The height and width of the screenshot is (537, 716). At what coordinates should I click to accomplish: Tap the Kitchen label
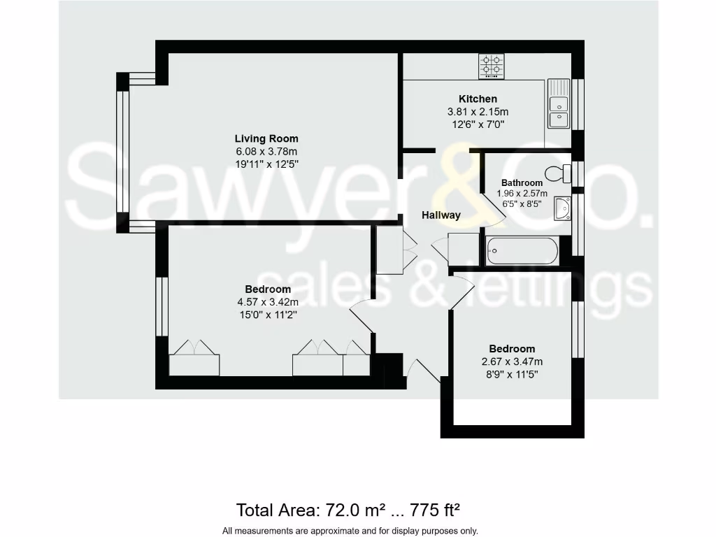pyautogui.click(x=478, y=99)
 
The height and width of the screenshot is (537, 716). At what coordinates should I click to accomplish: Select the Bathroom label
pyautogui.click(x=522, y=183)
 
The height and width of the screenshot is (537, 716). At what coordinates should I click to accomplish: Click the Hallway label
pyautogui.click(x=441, y=215)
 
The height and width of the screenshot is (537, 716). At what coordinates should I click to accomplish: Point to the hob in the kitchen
pyautogui.click(x=492, y=66)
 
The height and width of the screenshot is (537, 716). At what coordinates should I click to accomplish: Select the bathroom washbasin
pyautogui.click(x=562, y=208)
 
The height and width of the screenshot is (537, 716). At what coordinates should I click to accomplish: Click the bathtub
pyautogui.click(x=522, y=250)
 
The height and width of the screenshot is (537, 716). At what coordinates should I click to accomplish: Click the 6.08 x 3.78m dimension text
pyautogui.click(x=266, y=152)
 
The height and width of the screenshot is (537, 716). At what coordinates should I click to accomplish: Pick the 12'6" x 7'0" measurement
pyautogui.click(x=478, y=124)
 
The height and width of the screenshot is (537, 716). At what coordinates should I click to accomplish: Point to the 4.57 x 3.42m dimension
pyautogui.click(x=268, y=303)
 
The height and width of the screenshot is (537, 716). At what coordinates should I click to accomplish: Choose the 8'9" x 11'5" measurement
pyautogui.click(x=512, y=375)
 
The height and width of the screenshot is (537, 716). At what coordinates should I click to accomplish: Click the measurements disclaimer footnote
pyautogui.click(x=350, y=530)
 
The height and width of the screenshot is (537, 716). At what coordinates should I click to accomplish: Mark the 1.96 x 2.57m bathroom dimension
pyautogui.click(x=522, y=194)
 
